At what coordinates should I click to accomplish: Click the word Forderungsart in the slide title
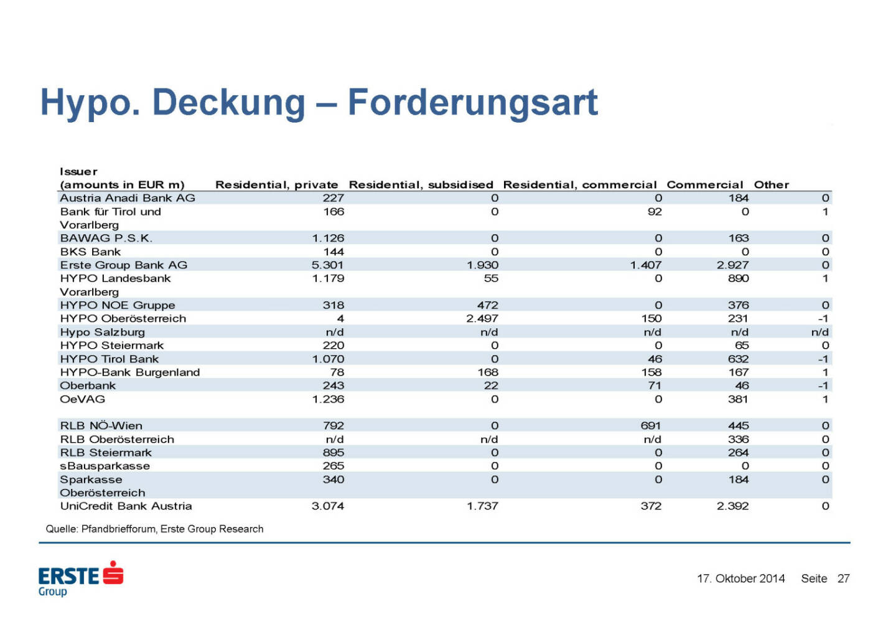click(472, 103)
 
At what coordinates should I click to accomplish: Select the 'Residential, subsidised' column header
click(421, 185)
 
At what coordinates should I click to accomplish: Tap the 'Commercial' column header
click(704, 185)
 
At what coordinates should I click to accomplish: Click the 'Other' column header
click(771, 185)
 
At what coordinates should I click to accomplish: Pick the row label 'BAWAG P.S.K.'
click(106, 239)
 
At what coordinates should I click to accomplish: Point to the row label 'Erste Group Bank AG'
click(123, 265)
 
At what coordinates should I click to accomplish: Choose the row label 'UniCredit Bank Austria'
click(126, 506)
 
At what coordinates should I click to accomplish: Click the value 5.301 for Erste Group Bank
click(327, 265)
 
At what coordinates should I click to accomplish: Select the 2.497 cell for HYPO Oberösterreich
click(482, 319)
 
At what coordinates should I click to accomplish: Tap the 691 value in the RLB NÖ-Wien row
click(650, 426)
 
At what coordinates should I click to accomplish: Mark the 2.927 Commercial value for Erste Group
click(732, 265)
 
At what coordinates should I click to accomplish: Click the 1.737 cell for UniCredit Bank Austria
click(482, 506)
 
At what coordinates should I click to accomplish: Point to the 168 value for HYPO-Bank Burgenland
click(488, 372)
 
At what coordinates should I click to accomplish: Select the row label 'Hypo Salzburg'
click(102, 333)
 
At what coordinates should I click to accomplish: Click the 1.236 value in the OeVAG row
click(327, 399)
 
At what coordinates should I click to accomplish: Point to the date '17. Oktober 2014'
click(740, 579)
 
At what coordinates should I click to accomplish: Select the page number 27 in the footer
click(843, 579)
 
